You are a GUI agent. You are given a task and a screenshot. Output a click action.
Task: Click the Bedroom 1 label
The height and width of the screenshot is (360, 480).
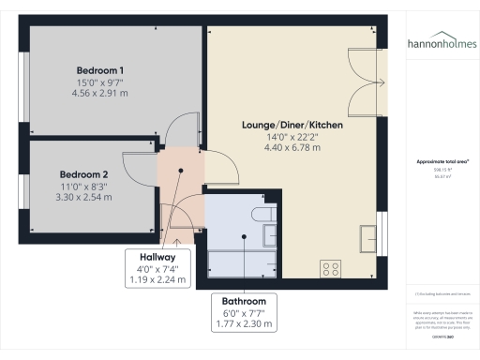coord(102,70)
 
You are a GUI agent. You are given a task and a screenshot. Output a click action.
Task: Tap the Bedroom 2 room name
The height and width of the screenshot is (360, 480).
coord(84,174)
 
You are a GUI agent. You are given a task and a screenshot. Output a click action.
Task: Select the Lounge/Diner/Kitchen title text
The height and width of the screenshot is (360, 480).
coord(292,125)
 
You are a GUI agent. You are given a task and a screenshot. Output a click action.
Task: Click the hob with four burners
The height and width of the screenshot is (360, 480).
coord(332,268)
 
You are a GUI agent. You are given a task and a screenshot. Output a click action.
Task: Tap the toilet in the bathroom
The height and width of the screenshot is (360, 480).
coord(265,217)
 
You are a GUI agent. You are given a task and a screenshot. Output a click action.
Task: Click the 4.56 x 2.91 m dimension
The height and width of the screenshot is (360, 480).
coord(102,94)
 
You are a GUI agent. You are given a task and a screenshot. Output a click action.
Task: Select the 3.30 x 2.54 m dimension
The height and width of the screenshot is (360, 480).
coord(84,197)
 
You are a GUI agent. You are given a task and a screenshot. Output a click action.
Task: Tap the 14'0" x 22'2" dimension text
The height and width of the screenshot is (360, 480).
coord(292,137)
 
